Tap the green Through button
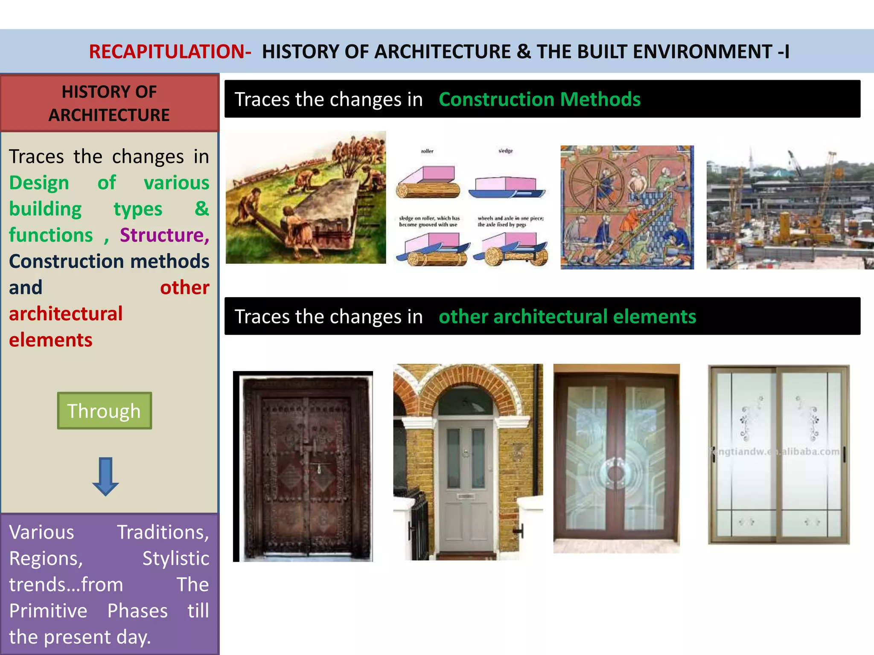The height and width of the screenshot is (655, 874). [104, 411]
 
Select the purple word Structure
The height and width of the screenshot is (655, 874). [164, 235]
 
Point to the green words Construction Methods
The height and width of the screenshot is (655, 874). [539, 99]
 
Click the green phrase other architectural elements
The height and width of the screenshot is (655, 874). [567, 317]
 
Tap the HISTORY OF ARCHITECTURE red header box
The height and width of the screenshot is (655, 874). [109, 103]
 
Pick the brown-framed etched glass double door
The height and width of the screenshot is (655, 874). [616, 458]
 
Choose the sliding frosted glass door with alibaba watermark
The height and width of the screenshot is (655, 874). [779, 454]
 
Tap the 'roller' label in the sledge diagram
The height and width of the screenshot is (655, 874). [427, 151]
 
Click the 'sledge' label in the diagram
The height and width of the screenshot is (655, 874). [506, 151]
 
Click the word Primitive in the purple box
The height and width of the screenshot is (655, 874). [48, 611]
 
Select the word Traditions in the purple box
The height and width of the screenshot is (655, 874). [163, 532]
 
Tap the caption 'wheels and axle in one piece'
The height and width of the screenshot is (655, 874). [510, 218]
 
